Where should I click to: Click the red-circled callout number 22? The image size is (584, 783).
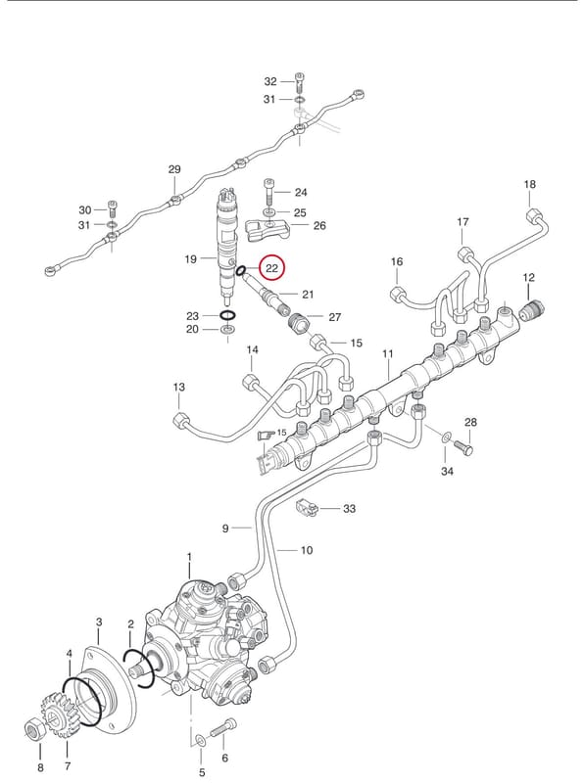[x=271, y=268]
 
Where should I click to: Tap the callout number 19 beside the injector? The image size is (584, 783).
[x=190, y=258]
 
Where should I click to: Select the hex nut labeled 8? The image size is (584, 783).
[x=35, y=731]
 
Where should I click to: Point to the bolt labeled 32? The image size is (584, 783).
[x=300, y=80]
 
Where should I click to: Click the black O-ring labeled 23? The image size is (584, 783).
[x=228, y=315]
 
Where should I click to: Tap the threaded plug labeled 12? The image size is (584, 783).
[x=530, y=310]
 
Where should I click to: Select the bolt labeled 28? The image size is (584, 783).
[x=463, y=446]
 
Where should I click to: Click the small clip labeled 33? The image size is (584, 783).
[x=308, y=508]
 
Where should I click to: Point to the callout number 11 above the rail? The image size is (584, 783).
[x=387, y=354]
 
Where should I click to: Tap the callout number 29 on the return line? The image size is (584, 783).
[x=174, y=169]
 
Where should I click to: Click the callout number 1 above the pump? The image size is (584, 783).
[x=189, y=556]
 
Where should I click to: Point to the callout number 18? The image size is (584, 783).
[x=529, y=184]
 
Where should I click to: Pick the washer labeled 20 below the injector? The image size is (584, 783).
[x=228, y=330]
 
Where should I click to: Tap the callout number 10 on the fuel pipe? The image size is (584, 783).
[x=307, y=550]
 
